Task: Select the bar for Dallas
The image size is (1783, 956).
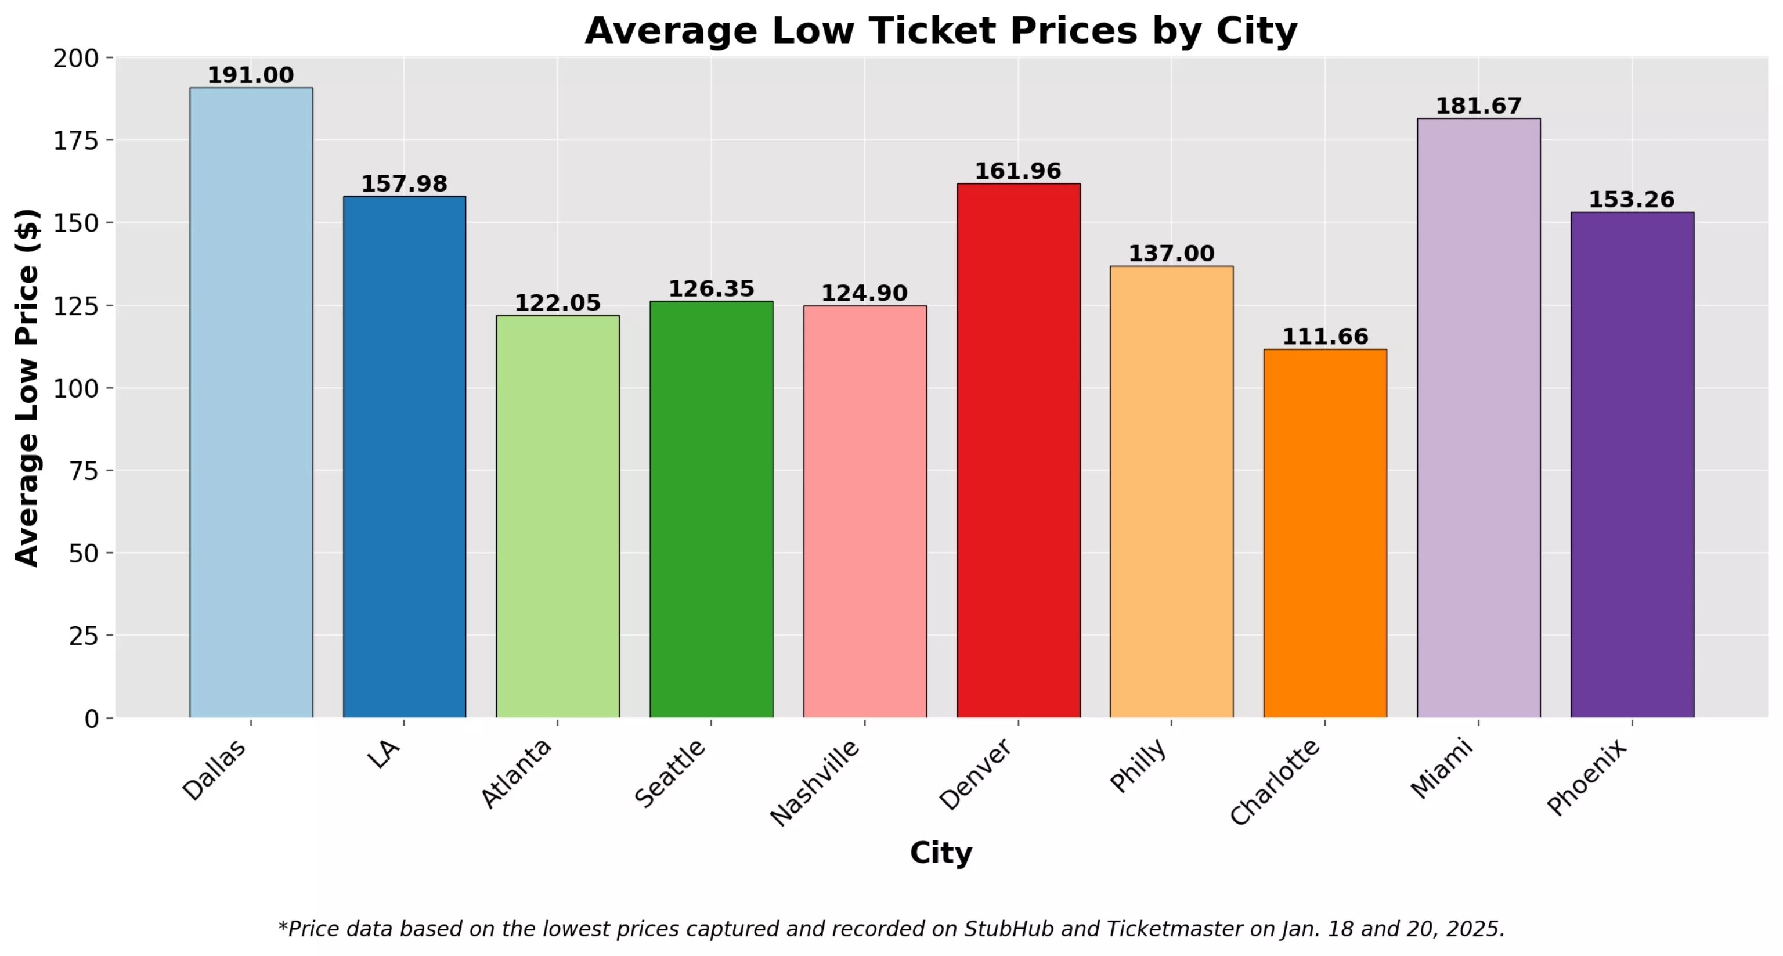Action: coord(251,402)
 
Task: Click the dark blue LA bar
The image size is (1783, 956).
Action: coord(404,457)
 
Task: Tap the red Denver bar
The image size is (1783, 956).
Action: coord(1018,450)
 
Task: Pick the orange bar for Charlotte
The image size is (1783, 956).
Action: coord(1325,533)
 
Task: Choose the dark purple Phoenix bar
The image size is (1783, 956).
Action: coord(1632,464)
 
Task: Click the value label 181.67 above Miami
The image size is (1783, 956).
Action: coord(1478,106)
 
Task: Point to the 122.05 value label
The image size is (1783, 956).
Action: coord(557,302)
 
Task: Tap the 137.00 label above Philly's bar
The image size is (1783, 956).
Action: coord(1171,253)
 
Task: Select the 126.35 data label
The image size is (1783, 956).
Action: coord(711,288)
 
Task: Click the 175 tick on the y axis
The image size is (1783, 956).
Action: coord(75,140)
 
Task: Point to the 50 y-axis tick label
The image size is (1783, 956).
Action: coord(84,553)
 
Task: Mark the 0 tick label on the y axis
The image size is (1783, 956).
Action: coord(91,719)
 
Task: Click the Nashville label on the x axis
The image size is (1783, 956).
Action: coord(815,782)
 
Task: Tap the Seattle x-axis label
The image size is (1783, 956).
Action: coord(670,773)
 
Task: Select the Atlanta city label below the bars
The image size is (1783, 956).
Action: coord(517,773)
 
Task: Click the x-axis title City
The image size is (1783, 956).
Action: coord(941,853)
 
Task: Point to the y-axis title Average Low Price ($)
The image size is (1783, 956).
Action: coord(28,388)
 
